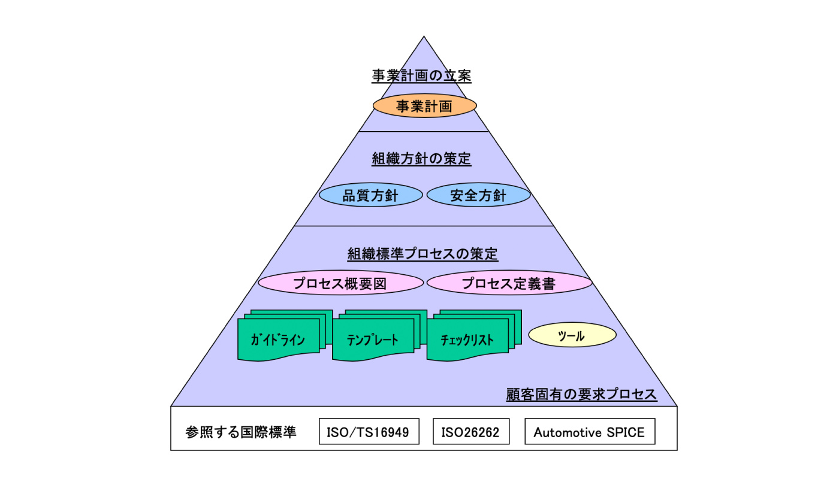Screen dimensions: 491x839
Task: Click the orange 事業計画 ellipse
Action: tap(424, 106)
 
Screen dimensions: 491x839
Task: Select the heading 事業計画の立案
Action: tap(421, 77)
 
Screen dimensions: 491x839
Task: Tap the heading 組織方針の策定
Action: tap(421, 159)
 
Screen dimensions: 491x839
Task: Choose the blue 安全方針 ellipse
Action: tap(478, 195)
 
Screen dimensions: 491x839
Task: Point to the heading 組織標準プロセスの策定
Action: tap(422, 253)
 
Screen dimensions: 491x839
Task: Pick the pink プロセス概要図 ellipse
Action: tap(340, 283)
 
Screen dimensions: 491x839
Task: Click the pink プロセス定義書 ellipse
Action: tap(509, 283)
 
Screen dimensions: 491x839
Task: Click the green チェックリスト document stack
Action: tap(467, 340)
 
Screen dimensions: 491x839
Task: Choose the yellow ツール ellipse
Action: tap(572, 335)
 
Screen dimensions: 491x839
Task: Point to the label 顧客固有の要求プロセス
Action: tap(581, 395)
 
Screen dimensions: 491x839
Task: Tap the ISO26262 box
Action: tap(470, 432)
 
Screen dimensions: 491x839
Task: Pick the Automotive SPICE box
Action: tap(589, 432)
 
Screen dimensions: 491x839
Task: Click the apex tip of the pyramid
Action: tap(424, 37)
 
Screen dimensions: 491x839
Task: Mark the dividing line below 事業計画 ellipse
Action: tap(424, 131)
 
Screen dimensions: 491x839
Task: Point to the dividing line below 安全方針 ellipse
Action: tap(424, 226)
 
